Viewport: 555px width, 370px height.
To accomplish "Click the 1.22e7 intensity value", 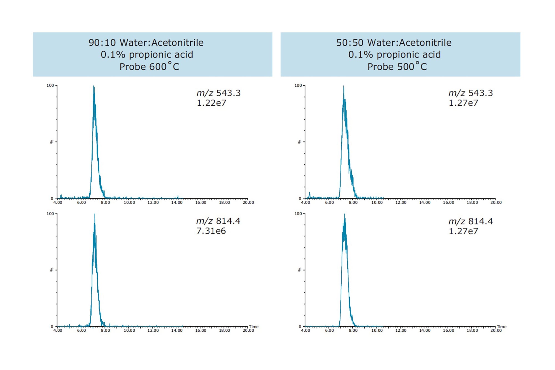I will point(211,103).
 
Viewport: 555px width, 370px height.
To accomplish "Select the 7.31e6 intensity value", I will point(211,231).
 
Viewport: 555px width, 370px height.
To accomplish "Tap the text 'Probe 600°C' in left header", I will point(149,67).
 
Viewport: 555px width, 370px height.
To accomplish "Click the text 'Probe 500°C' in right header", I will point(397,67).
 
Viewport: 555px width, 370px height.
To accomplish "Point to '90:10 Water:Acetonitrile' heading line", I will point(146,43).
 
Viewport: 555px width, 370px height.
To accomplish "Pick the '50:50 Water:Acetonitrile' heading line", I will point(394,43).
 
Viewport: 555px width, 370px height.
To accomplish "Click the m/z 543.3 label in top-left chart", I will point(218,93).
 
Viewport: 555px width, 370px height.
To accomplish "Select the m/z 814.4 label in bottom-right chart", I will point(470,221).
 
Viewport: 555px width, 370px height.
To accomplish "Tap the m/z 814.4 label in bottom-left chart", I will point(218,221).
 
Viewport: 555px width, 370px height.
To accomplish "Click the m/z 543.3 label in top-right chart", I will point(470,93).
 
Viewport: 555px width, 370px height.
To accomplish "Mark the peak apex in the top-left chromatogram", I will point(94,86).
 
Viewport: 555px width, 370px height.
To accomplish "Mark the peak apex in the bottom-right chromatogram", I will point(345,214).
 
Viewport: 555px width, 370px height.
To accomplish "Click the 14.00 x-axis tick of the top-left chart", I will point(177,202).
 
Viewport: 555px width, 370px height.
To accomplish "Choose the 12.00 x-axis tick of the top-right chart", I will point(401,202).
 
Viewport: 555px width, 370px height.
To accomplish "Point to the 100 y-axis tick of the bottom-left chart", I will point(50,214).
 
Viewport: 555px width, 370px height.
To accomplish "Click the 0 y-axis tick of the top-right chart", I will point(300,198).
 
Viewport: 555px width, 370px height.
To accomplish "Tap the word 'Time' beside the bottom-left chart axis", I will point(254,327).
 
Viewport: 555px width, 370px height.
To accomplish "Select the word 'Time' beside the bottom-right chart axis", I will point(501,327).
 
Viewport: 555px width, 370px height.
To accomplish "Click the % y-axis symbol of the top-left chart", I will point(52,142).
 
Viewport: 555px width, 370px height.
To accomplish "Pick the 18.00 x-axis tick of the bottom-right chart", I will point(472,330).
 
